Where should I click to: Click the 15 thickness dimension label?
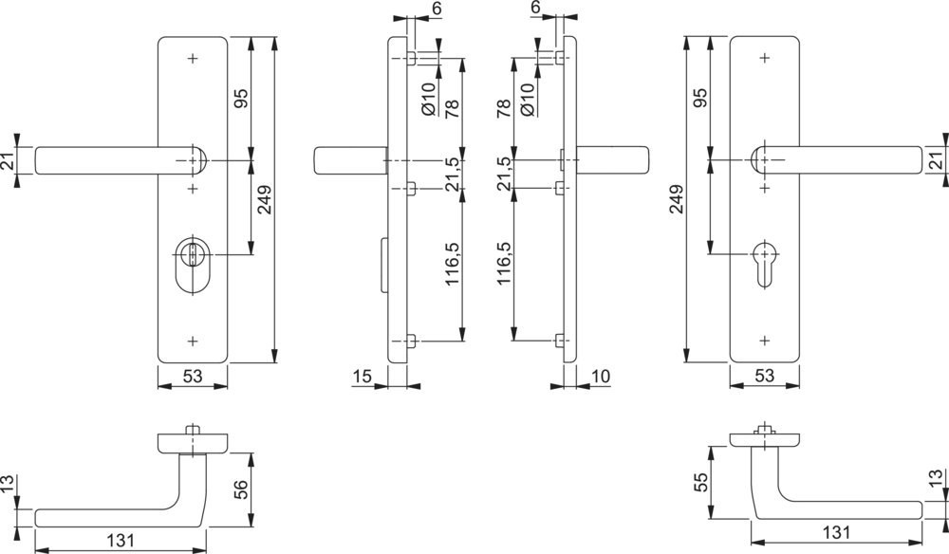[x=362, y=377]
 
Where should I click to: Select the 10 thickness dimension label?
[x=601, y=377]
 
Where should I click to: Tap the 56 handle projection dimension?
[x=240, y=489]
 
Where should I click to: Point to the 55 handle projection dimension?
[x=699, y=483]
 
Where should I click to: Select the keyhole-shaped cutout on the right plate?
[x=765, y=263]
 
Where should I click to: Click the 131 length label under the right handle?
[x=836, y=532]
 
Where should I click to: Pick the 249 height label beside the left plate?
[x=265, y=199]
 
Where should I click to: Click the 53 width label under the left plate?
[x=193, y=377]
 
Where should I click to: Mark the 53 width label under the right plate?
[x=764, y=377]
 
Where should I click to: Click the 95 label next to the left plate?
[x=240, y=98]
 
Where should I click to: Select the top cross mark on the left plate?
[x=193, y=59]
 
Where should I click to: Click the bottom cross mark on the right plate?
[x=765, y=341]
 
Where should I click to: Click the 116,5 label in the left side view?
[x=452, y=265]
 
